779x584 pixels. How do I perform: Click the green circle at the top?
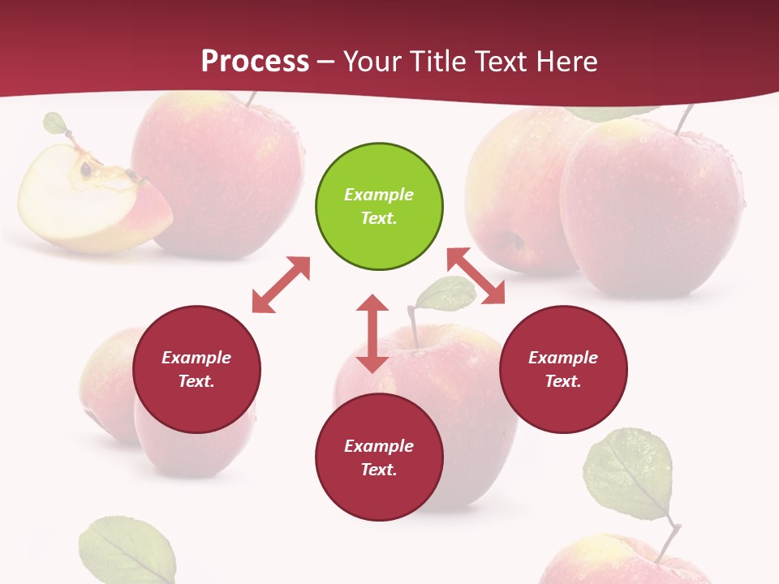click(x=379, y=207)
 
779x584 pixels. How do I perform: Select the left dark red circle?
click(x=196, y=369)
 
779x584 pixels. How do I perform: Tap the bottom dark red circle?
click(x=379, y=457)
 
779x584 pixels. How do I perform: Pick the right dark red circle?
click(x=563, y=369)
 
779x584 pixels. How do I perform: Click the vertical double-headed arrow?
click(x=372, y=333)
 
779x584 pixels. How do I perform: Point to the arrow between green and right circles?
click(x=476, y=277)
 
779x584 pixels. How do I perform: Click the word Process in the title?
click(x=255, y=61)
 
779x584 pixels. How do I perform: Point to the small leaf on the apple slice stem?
click(x=55, y=123)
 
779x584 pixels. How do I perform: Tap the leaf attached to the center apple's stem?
click(x=445, y=294)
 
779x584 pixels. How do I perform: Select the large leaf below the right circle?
click(x=629, y=474)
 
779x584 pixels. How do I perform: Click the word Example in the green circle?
click(x=379, y=195)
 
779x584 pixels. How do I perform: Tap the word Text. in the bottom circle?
click(x=379, y=470)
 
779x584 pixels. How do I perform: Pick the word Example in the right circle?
click(x=563, y=358)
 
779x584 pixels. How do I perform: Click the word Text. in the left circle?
click(x=196, y=381)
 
